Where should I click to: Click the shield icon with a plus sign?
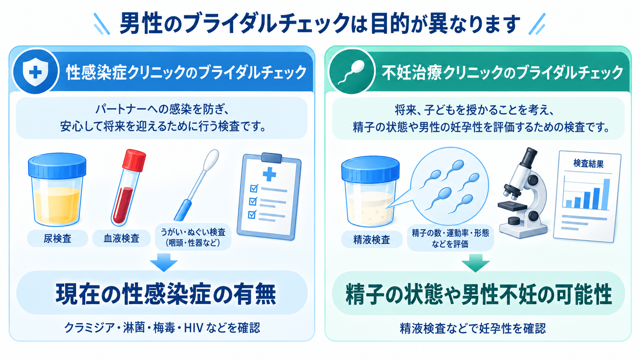click(35, 72)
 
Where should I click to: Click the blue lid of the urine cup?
click(57, 166)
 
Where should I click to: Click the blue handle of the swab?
click(183, 210)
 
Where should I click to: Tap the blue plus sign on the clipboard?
click(269, 174)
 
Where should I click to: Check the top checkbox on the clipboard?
click(254, 189)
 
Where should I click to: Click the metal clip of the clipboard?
click(271, 157)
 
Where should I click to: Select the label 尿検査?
click(57, 238)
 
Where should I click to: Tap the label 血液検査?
click(121, 238)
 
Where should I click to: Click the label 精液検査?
click(372, 239)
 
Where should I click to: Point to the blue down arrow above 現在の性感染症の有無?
click(164, 262)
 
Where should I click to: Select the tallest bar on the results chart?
click(606, 194)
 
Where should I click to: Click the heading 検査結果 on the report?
click(589, 164)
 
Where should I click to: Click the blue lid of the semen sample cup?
click(371, 168)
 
